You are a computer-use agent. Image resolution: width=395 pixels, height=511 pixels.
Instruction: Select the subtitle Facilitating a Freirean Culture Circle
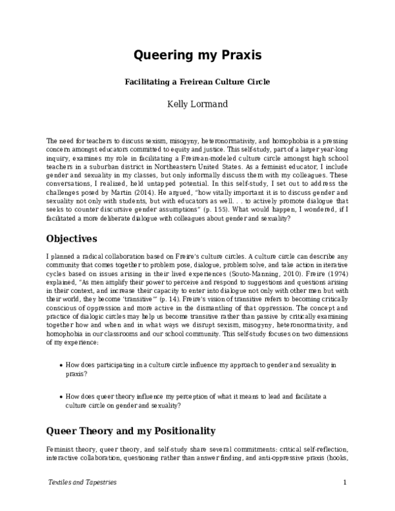coord(198,83)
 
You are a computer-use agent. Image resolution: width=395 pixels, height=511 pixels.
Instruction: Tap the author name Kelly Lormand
coord(197,103)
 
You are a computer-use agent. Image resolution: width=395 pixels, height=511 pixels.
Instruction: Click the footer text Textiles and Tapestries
coord(82,483)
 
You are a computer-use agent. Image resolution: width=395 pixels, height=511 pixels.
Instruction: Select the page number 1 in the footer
coord(345,483)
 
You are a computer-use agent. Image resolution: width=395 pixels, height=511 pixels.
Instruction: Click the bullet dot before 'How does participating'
coord(61,364)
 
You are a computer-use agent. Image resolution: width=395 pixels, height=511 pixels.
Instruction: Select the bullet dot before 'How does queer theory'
coord(61,396)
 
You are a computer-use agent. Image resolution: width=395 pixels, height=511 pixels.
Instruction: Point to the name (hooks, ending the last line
coord(334,458)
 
